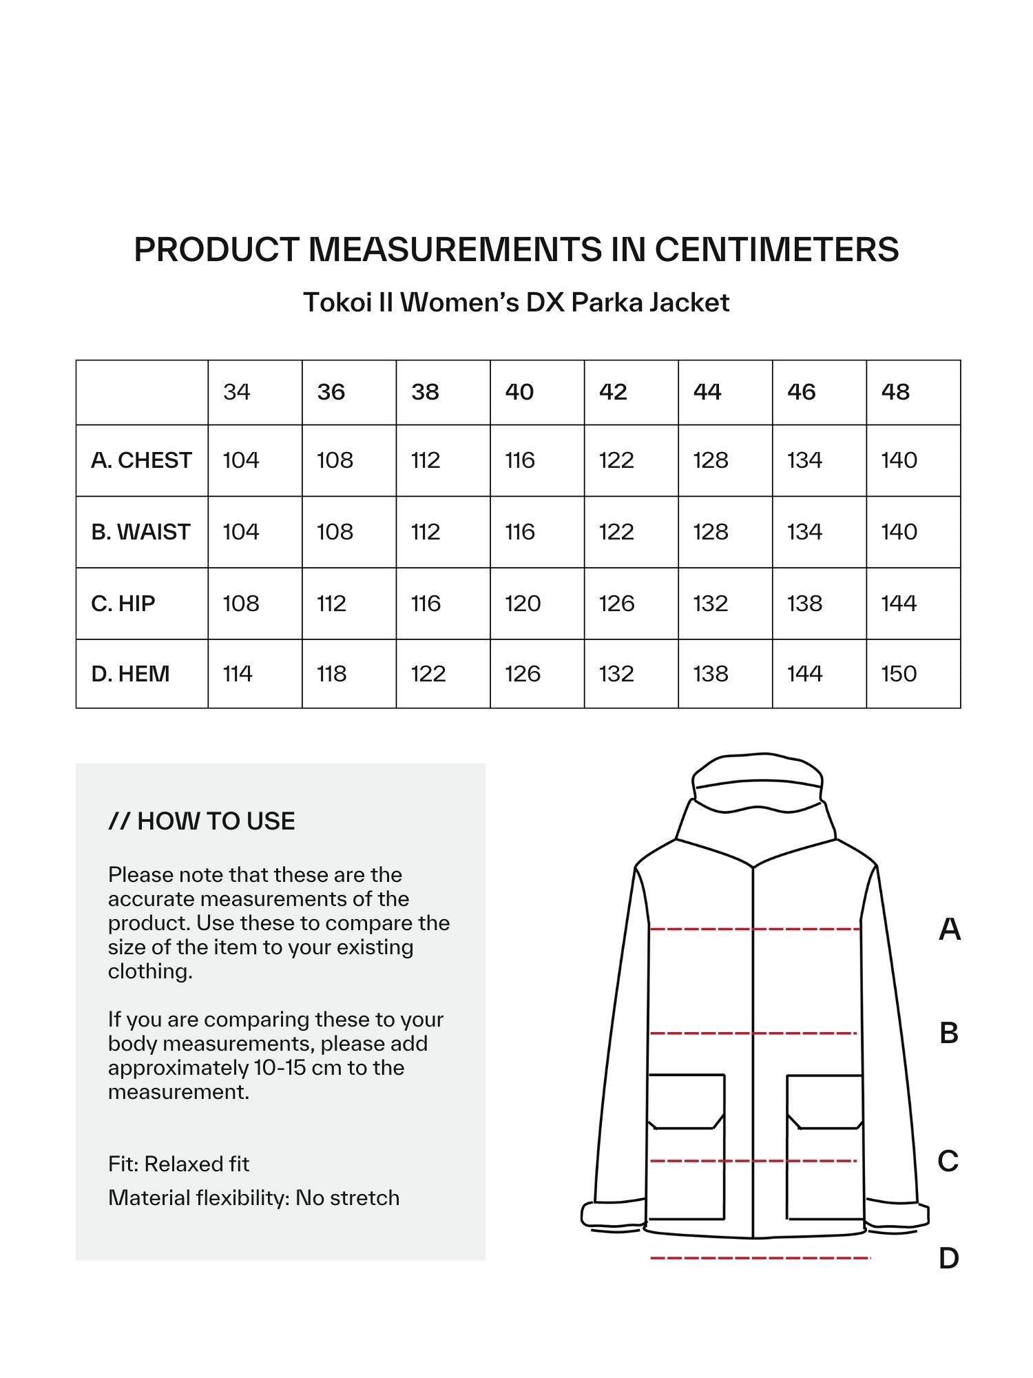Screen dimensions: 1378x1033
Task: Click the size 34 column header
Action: [x=236, y=392]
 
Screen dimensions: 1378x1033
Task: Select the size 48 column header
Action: [x=895, y=392]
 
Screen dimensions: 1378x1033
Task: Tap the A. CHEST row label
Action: [x=141, y=460]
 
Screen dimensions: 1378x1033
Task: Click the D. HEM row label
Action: [x=130, y=674]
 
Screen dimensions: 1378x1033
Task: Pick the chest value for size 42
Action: [x=616, y=460]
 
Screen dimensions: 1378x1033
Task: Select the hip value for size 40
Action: [x=523, y=604]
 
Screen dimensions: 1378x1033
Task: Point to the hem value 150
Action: [x=899, y=674]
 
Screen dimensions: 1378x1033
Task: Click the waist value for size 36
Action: [x=335, y=532]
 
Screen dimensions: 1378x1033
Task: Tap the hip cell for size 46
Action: [x=804, y=604]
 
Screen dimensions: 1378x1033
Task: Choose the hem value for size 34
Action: [x=238, y=674]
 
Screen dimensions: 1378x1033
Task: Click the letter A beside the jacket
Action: [x=949, y=929]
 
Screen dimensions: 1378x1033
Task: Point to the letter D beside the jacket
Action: [x=948, y=1259]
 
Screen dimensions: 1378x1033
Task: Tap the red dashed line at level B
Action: [x=753, y=1033]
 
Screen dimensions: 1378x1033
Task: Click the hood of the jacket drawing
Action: [x=757, y=782]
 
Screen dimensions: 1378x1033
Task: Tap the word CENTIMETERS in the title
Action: [x=776, y=249]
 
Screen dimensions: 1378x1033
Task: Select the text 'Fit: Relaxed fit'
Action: [x=178, y=1164]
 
